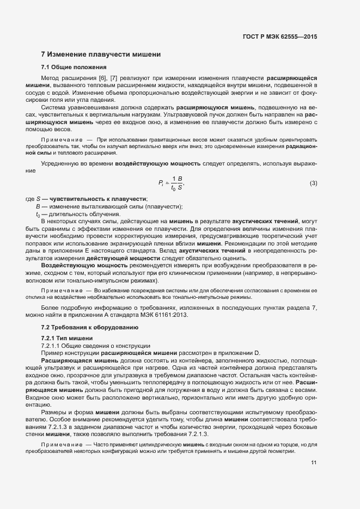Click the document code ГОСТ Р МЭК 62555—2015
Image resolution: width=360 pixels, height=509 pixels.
[x=279, y=36]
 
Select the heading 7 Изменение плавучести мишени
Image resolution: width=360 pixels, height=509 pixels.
[x=100, y=54]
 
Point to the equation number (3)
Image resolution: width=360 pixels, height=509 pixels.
[x=313, y=183]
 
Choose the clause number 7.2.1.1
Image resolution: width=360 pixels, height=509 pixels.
[x=52, y=346]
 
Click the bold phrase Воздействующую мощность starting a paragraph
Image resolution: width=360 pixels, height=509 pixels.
[x=81, y=265]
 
